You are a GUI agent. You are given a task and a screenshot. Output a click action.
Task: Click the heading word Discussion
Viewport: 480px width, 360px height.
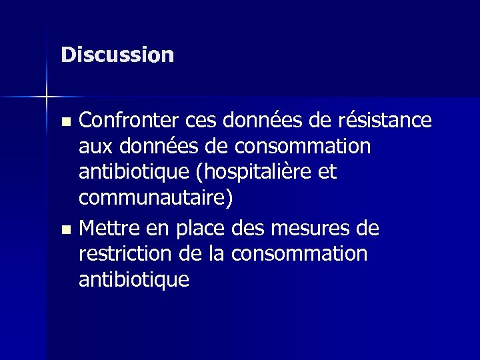coord(117,55)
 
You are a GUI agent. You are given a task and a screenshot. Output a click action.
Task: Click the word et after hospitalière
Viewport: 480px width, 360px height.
coord(327,173)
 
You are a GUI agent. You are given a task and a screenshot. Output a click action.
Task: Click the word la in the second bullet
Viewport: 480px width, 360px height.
coord(215,255)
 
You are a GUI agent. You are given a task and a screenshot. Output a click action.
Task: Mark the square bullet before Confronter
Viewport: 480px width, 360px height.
coord(65,122)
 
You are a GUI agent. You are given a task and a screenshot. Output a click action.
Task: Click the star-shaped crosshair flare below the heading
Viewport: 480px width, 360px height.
coord(47,97)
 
